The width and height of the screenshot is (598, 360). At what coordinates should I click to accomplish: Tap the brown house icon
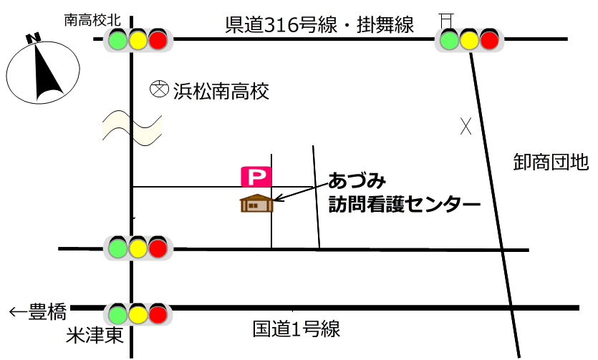pyautogui.click(x=256, y=203)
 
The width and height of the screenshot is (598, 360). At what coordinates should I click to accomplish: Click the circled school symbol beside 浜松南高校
pyautogui.click(x=158, y=90)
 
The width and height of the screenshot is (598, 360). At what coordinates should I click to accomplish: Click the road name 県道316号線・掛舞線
pyautogui.click(x=319, y=26)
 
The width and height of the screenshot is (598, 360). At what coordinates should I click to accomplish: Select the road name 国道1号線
pyautogui.click(x=296, y=330)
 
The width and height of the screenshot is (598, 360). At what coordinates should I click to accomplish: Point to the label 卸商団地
pyautogui.click(x=551, y=163)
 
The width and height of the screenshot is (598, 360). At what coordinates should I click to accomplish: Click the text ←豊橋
pyautogui.click(x=38, y=312)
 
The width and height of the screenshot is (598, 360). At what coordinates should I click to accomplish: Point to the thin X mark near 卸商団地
pyautogui.click(x=466, y=127)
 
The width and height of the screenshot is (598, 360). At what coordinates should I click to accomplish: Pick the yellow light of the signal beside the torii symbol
pyautogui.click(x=469, y=39)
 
